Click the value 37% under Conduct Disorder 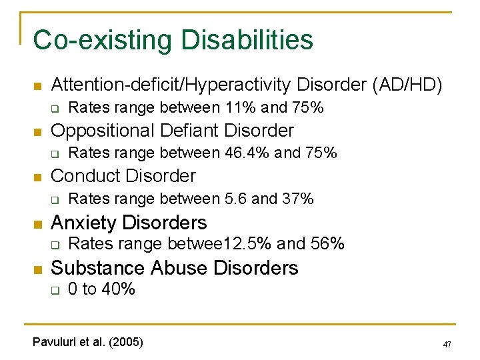coord(298,199)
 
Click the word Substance coord(98,268)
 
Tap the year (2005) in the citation coord(125,342)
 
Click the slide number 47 coord(447,345)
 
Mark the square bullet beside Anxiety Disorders coord(37,223)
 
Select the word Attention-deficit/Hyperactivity coord(172,85)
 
